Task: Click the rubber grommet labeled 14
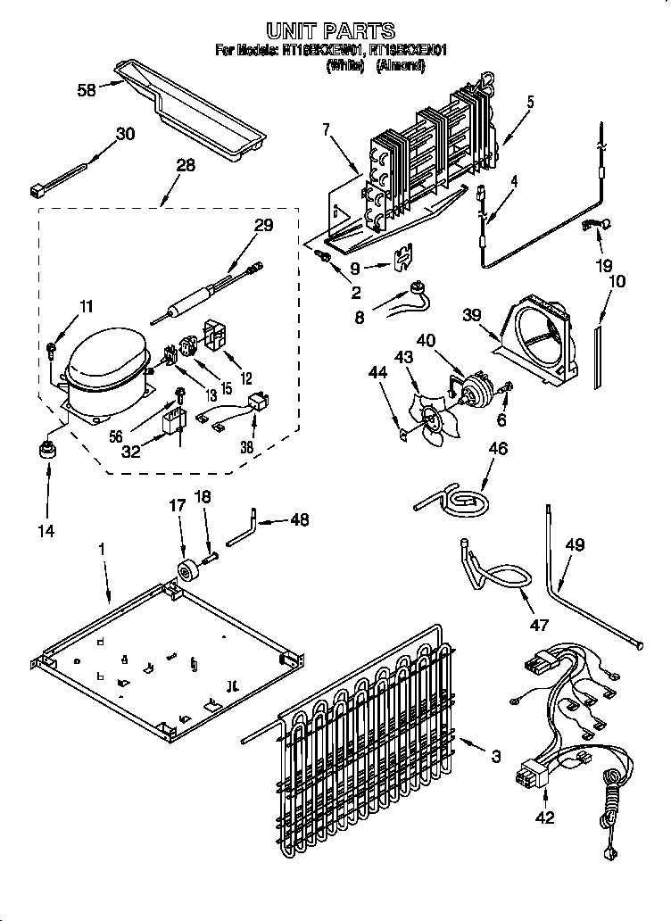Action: [46, 452]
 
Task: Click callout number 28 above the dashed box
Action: [184, 164]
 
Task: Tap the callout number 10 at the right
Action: [616, 281]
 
